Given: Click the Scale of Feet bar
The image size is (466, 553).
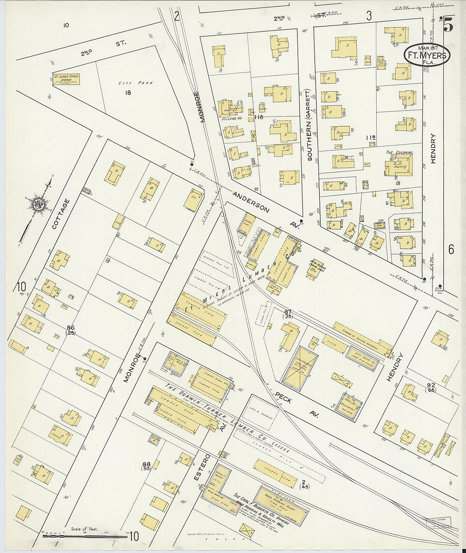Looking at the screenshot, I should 85,535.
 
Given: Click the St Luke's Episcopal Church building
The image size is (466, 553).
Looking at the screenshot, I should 67,79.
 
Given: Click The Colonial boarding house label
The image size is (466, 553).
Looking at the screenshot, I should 399,153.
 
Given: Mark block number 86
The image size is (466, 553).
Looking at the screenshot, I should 71,327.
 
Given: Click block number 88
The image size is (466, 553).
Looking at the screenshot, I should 147,464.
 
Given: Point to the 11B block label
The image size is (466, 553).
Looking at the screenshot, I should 371,138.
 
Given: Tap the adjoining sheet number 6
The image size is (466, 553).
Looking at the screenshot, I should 451,250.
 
